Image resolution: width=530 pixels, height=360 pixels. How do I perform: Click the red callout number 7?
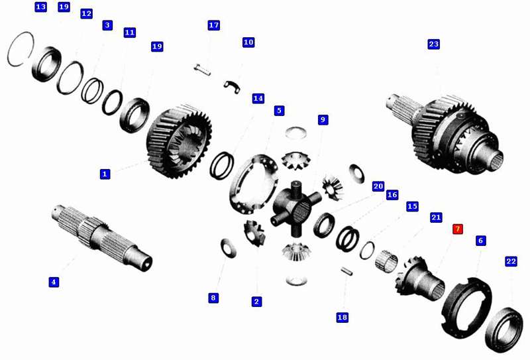[458, 229]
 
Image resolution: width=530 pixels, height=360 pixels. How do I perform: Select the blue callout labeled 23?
[434, 44]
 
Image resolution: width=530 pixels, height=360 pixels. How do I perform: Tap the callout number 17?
[213, 25]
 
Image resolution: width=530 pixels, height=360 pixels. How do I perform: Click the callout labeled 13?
[40, 7]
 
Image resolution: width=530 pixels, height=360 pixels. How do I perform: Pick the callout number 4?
[54, 282]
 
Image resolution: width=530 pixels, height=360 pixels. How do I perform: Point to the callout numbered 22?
[511, 261]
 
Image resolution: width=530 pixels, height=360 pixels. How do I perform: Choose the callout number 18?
[342, 317]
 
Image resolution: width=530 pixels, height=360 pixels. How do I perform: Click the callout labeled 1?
[105, 174]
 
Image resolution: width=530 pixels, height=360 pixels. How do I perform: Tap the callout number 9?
[323, 119]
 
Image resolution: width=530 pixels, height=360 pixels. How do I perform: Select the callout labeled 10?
[248, 42]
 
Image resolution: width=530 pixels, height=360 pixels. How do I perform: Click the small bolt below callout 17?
[203, 70]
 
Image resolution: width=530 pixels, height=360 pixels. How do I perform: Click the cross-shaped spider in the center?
[296, 208]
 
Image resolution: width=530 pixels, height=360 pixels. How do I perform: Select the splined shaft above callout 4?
[102, 237]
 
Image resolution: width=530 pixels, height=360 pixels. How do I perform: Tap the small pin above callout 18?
[346, 270]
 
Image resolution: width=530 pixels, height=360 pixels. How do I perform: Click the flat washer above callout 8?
[229, 248]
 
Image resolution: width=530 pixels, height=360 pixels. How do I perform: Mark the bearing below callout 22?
[503, 330]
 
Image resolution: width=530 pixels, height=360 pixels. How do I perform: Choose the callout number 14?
[258, 99]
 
